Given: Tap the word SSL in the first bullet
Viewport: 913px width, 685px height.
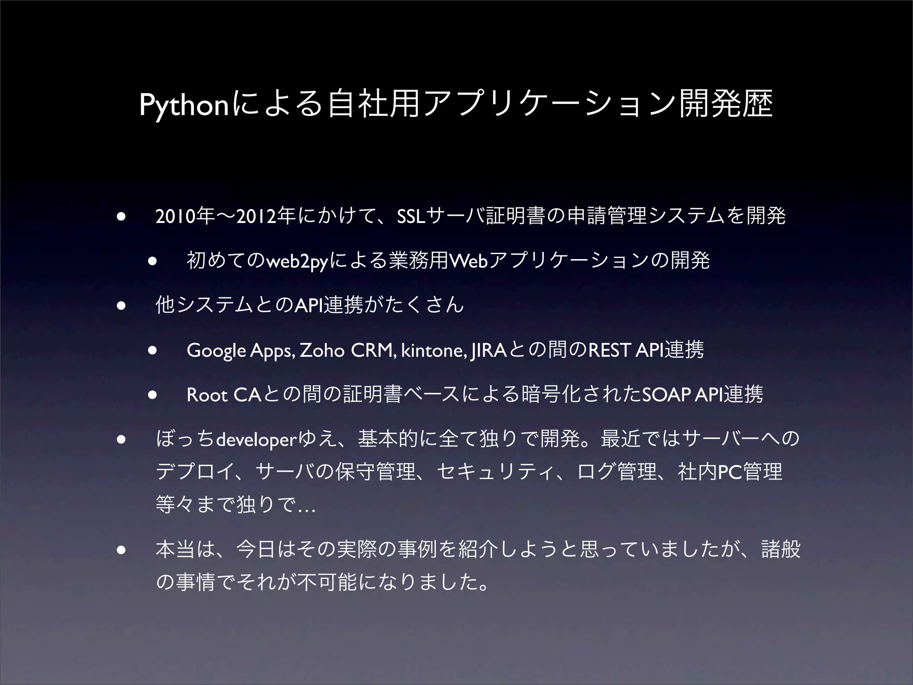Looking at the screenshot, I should pos(411,217).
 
